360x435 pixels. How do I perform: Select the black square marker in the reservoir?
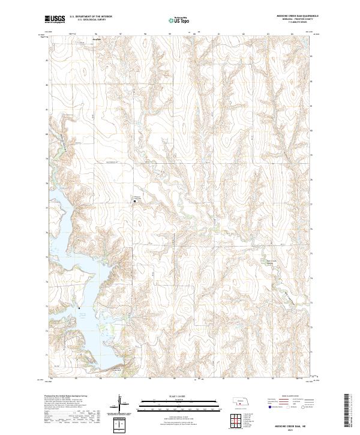click(x=80, y=309)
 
